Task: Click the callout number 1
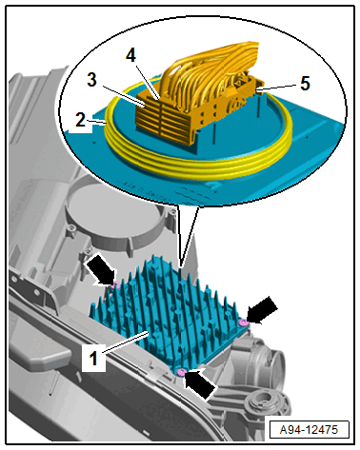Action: click(x=93, y=359)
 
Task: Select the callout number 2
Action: click(x=80, y=119)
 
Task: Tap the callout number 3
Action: click(x=91, y=80)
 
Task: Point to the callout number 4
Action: click(x=130, y=55)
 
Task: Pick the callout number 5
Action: click(x=305, y=84)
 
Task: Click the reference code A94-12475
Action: click(x=309, y=430)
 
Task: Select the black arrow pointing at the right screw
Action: click(x=262, y=311)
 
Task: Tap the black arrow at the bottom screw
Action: click(x=201, y=384)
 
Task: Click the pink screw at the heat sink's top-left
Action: click(x=115, y=285)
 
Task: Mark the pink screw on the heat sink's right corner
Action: click(x=244, y=323)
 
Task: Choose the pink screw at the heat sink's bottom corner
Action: click(x=181, y=372)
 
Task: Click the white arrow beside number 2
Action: click(x=78, y=129)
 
